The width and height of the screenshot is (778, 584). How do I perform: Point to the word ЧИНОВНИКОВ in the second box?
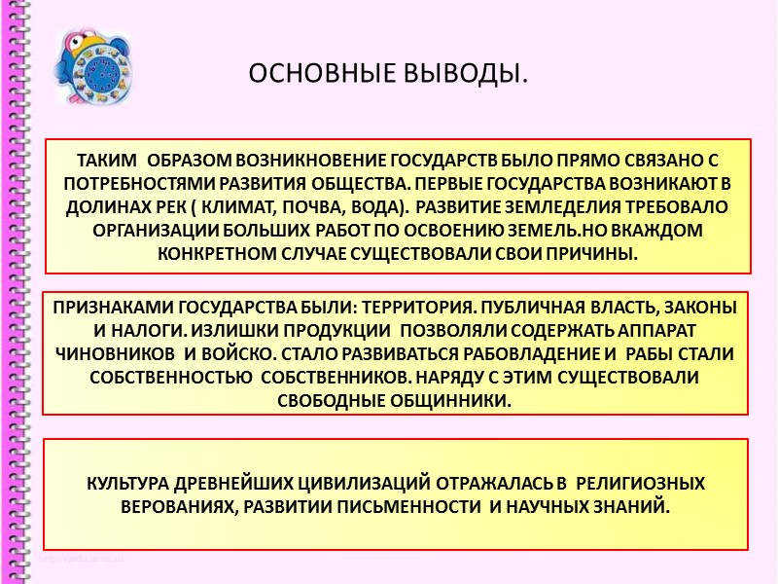pos(122,353)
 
